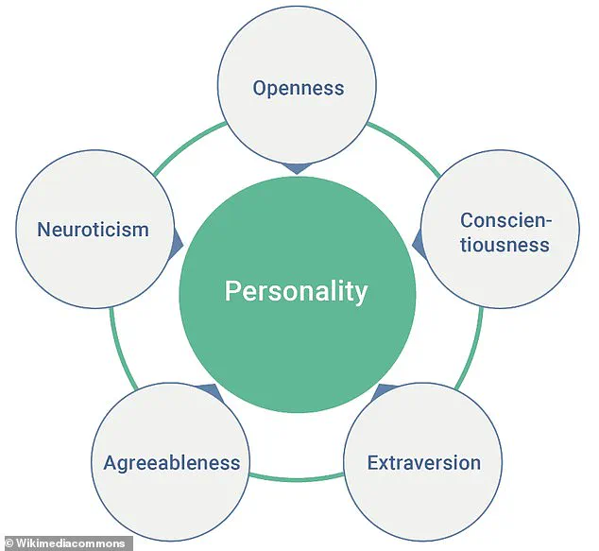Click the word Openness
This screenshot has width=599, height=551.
(299, 88)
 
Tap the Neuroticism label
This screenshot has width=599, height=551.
(93, 230)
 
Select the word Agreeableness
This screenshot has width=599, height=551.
(172, 463)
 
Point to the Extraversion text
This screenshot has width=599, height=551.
(423, 463)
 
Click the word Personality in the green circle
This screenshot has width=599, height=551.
(296, 291)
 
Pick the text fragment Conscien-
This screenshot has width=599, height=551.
(505, 220)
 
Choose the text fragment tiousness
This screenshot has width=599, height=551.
(505, 245)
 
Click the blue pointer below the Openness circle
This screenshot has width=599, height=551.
(297, 168)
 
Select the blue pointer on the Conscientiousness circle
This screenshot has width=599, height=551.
(419, 245)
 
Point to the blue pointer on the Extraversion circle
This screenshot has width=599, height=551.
(385, 392)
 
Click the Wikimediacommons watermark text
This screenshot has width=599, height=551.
(70, 543)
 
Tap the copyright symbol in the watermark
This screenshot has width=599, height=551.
(9, 543)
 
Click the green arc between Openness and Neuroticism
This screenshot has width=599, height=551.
(188, 146)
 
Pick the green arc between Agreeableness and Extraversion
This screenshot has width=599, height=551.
(297, 478)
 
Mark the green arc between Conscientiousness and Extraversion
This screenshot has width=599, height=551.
(472, 349)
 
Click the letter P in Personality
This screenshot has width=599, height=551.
(232, 291)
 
